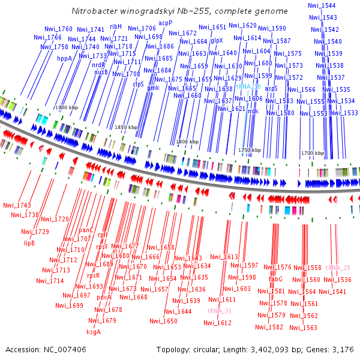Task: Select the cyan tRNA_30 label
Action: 248,86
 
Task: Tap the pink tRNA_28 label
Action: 338,268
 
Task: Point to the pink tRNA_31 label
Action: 219,311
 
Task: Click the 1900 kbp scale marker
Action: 67,107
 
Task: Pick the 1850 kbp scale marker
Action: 126,128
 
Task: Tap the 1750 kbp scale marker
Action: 250,150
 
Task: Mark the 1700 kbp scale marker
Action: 312,153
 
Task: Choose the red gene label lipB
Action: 29,243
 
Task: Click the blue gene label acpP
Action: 166,23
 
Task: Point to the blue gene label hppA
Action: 64,59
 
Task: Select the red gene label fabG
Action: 275,279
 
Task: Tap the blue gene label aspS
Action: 271,88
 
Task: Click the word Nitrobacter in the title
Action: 94,11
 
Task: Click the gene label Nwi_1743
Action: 17,205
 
